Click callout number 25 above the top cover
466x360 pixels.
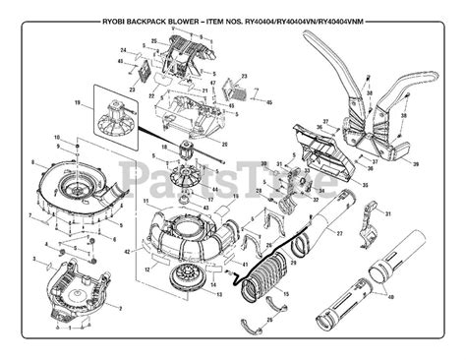click(x=154, y=41)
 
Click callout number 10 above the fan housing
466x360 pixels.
click(x=57, y=135)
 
